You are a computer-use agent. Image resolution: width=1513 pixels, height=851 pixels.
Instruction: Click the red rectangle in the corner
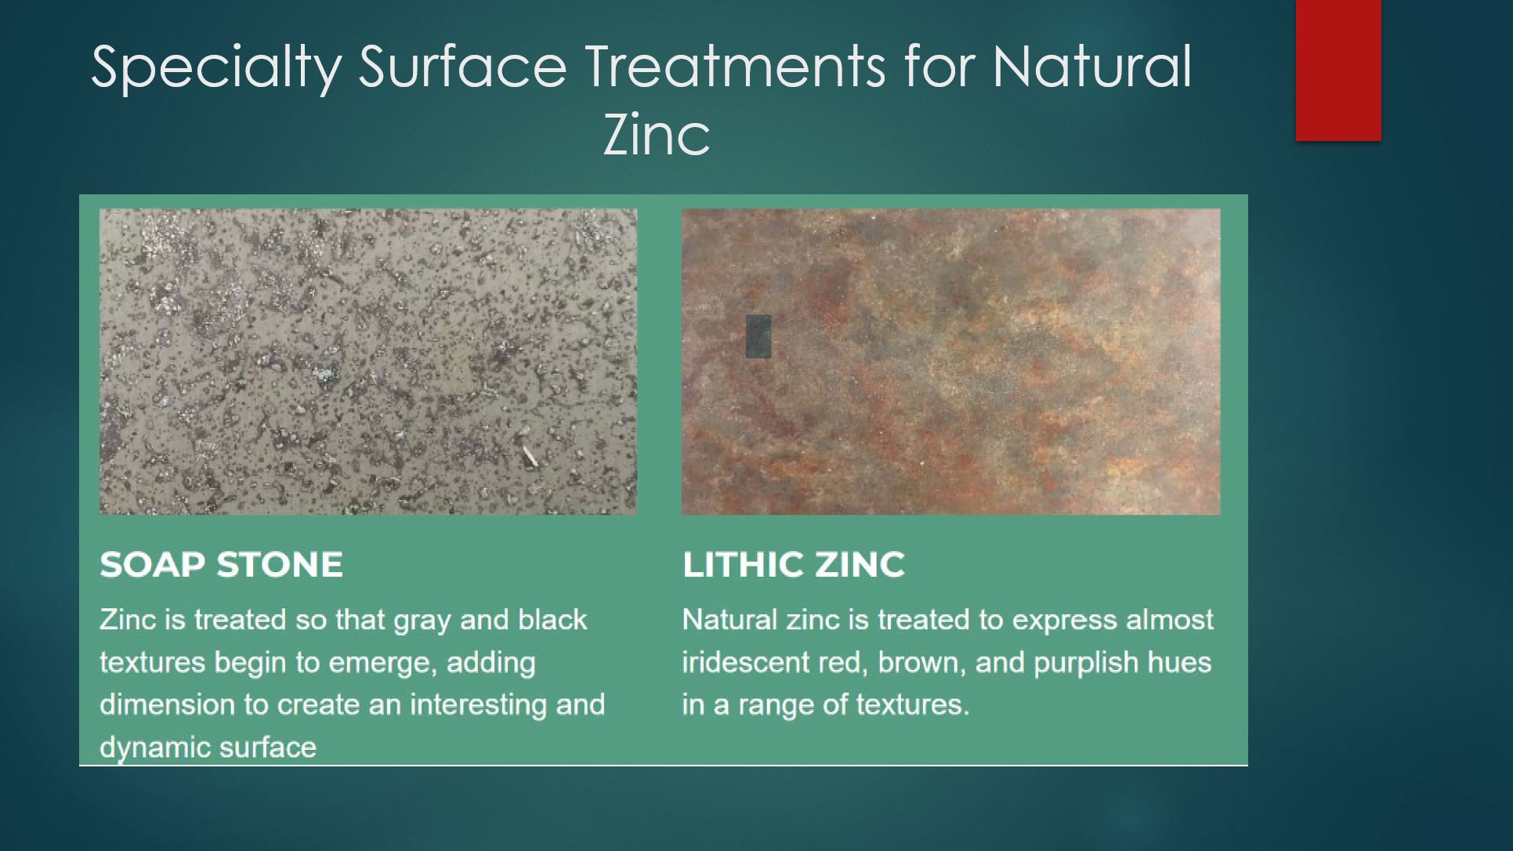(x=1338, y=71)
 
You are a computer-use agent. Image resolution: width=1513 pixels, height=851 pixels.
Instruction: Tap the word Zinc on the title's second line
(x=657, y=135)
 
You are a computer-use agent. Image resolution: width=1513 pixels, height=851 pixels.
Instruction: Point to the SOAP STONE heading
(x=221, y=564)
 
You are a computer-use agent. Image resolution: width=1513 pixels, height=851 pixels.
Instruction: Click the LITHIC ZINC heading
(x=794, y=564)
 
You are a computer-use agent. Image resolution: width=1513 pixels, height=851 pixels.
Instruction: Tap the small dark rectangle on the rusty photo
(x=758, y=337)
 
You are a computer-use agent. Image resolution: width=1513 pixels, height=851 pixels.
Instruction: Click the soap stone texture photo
(x=368, y=361)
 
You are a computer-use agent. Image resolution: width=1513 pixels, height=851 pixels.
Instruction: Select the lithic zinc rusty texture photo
(x=950, y=361)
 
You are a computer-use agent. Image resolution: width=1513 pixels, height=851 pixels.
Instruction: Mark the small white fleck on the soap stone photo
(x=530, y=455)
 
